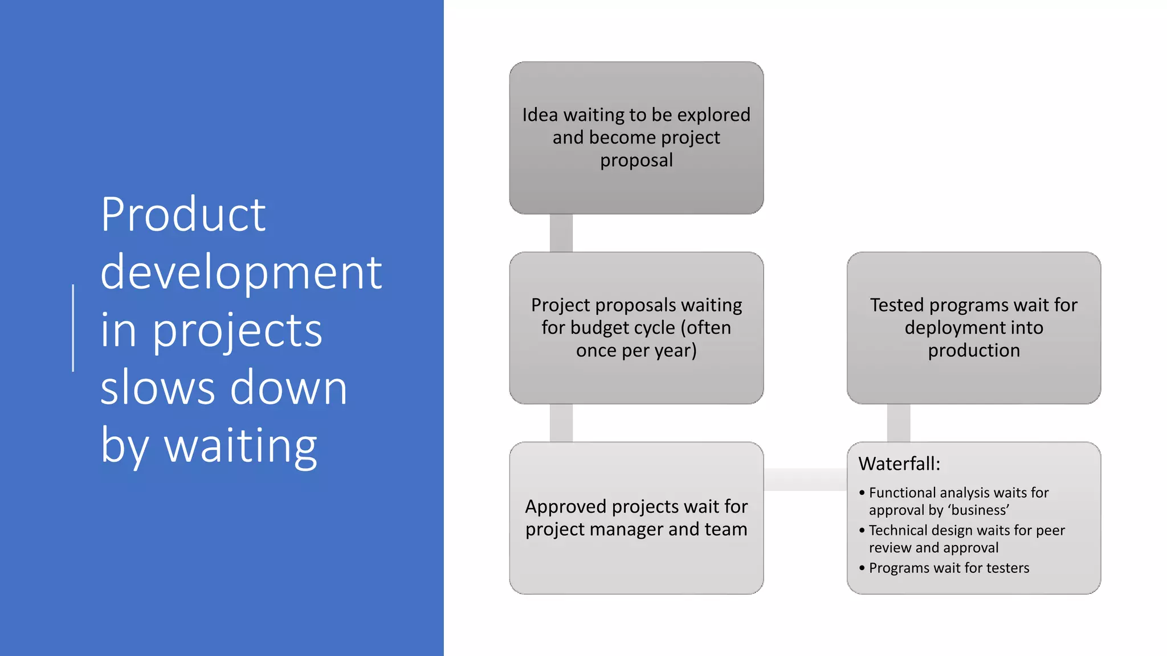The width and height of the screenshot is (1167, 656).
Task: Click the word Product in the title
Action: click(x=183, y=215)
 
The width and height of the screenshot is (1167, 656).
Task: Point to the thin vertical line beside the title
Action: click(x=73, y=328)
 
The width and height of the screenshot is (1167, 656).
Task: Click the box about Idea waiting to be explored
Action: click(x=636, y=138)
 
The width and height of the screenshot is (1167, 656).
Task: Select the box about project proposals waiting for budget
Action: click(x=636, y=328)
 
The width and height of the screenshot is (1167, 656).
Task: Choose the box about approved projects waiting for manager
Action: click(x=636, y=518)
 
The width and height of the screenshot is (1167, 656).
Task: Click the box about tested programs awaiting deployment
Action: click(x=973, y=328)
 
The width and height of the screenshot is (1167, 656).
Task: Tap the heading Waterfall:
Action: click(x=899, y=464)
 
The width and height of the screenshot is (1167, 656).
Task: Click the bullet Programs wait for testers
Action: click(x=949, y=568)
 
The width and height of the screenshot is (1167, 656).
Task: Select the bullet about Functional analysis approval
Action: click(x=958, y=501)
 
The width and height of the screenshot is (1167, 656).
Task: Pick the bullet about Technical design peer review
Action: click(x=966, y=539)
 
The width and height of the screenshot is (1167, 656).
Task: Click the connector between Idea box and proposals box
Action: click(x=561, y=233)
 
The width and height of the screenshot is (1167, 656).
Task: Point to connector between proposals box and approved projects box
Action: click(x=561, y=423)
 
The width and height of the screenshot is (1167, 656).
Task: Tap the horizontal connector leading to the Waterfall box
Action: click(x=805, y=479)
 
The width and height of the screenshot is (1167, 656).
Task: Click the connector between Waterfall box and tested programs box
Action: click(x=899, y=423)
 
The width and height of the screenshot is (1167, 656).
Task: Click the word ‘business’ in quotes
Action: click(x=979, y=510)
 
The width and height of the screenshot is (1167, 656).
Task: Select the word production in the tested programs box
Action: click(x=974, y=350)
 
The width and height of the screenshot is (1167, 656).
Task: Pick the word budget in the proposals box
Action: click(x=604, y=328)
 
